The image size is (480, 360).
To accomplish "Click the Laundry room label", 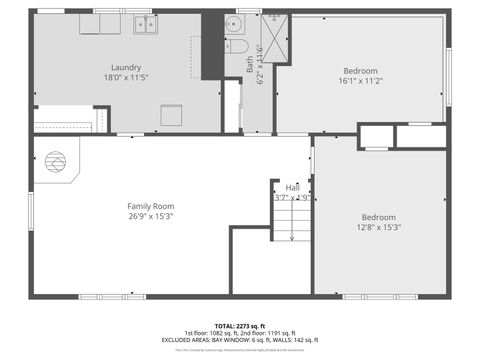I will click(125, 67).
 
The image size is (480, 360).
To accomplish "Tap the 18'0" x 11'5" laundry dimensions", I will click(125, 77).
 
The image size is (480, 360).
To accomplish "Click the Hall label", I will click(292, 187).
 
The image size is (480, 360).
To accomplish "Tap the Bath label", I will click(250, 62).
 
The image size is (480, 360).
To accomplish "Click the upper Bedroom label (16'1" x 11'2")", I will click(361, 70).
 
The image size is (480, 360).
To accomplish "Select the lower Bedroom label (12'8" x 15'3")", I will click(378, 217).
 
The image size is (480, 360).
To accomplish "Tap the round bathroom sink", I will click(233, 24).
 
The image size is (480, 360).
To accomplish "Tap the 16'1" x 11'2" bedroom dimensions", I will click(361, 81).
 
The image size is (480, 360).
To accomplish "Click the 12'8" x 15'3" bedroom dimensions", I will click(378, 227).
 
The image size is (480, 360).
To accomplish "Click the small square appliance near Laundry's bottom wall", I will click(171, 114).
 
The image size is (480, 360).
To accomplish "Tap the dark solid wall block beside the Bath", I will click(212, 46).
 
